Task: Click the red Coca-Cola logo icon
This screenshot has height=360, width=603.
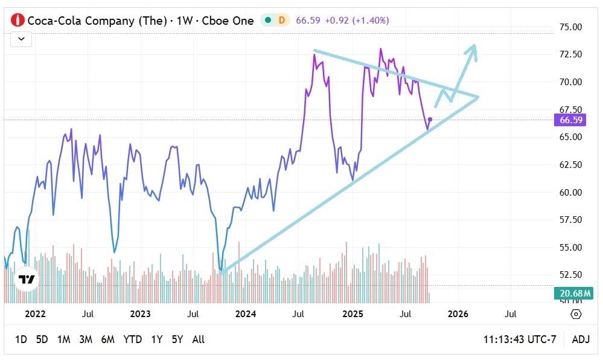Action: [18, 20]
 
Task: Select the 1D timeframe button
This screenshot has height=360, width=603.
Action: [21, 339]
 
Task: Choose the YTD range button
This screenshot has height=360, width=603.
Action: [132, 339]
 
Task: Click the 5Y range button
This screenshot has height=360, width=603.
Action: [177, 339]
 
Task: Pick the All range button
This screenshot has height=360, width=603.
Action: [198, 339]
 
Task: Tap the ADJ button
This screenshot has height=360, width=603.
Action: [580, 339]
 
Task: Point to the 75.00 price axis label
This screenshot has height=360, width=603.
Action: [570, 27]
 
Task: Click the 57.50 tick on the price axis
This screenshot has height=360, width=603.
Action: [570, 220]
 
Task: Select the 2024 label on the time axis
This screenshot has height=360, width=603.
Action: [246, 314]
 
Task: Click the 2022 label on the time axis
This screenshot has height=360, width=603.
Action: [35, 314]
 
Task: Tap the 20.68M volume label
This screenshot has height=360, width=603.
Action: [570, 294]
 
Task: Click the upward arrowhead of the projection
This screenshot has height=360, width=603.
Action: [474, 48]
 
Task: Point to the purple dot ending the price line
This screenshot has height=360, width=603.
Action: [430, 120]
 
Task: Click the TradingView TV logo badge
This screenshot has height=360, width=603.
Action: [26, 279]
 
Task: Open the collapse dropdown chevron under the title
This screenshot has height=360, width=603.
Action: [21, 39]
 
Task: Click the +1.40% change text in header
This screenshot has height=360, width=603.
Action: [370, 20]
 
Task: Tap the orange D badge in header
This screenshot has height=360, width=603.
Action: [281, 20]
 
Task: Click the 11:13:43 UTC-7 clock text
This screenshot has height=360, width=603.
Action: [520, 339]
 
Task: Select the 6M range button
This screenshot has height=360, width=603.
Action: [107, 339]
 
